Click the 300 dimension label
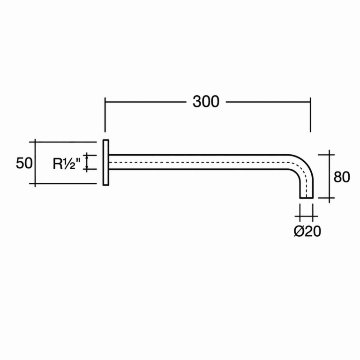click(206, 102)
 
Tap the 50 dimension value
click(24, 163)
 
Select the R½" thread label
click(67, 164)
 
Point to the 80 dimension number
click(342, 177)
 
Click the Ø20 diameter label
click(307, 231)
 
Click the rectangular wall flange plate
click(105, 162)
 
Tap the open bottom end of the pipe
click(306, 197)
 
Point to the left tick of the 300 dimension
click(105, 115)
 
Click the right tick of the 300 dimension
click(310, 115)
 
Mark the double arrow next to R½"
click(87, 162)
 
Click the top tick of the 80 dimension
click(326, 155)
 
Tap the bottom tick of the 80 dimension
click(326, 198)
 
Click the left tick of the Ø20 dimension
click(300, 213)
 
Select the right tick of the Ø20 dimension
click(313, 213)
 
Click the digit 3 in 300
click(197, 102)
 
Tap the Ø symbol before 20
click(299, 231)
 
